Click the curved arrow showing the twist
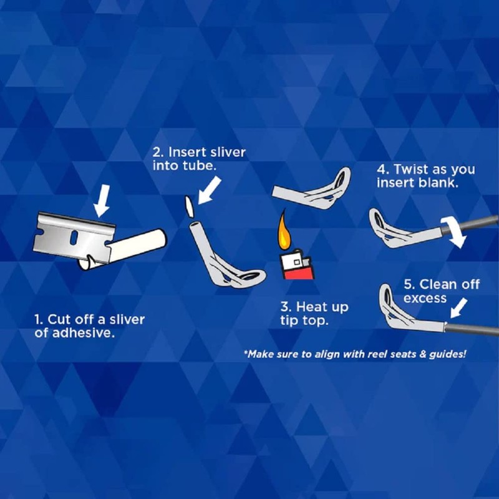455,232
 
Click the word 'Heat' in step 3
312,307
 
